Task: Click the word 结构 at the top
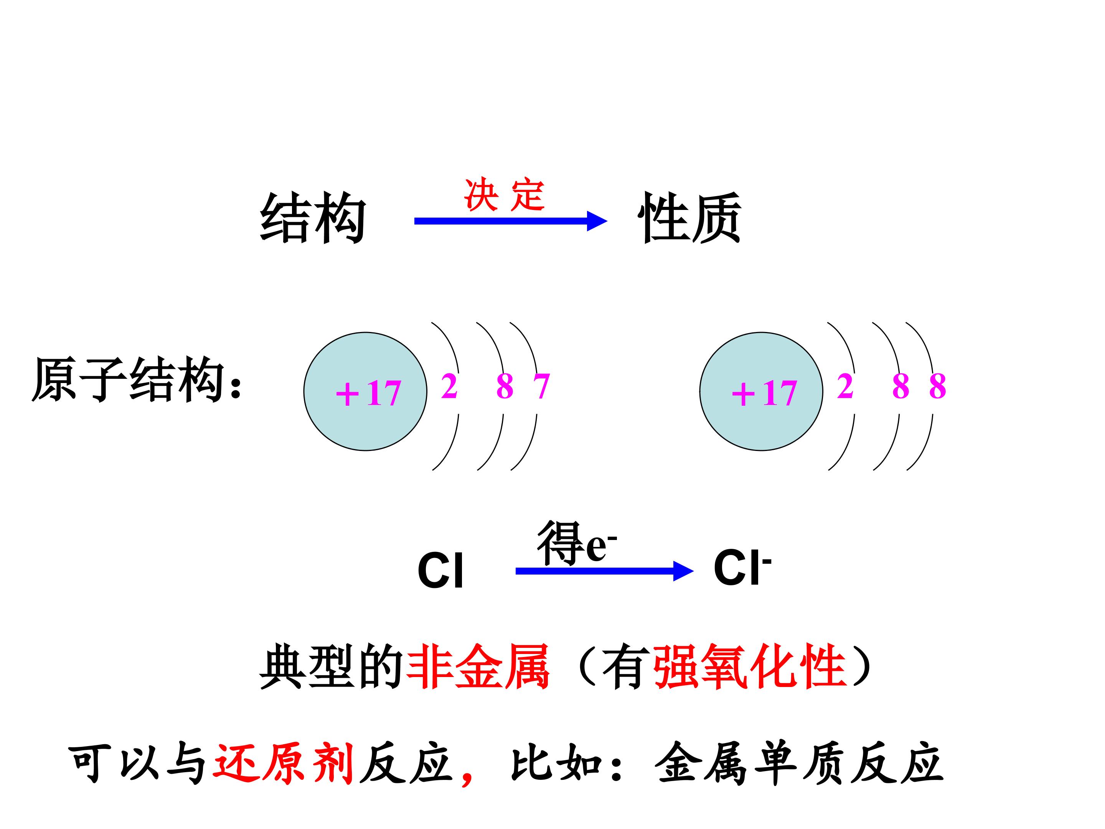click(313, 218)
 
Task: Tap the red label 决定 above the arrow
click(504, 195)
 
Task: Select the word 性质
click(689, 218)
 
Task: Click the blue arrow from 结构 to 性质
click(511, 221)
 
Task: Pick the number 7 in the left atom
click(541, 386)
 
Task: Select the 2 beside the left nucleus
click(449, 386)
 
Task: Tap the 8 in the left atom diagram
click(505, 386)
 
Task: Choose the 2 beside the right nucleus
click(845, 386)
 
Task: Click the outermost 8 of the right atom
click(937, 386)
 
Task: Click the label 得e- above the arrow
click(576, 543)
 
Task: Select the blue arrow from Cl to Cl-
click(604, 571)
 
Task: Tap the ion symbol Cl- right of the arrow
click(742, 566)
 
